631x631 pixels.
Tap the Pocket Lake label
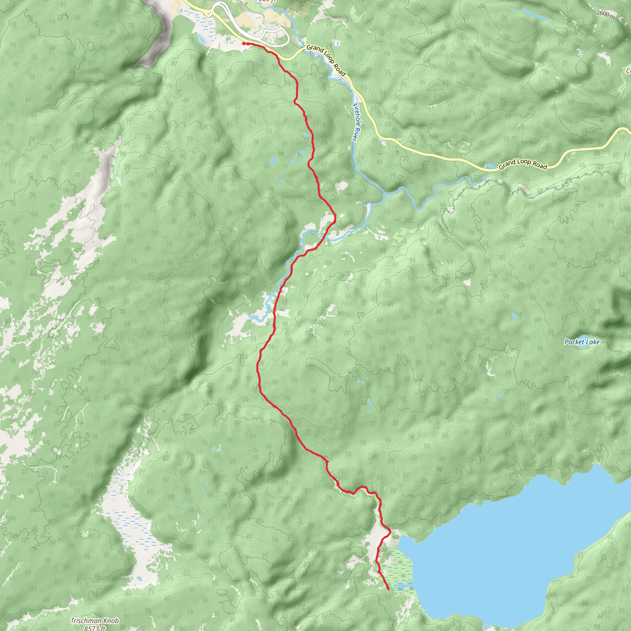click(x=582, y=342)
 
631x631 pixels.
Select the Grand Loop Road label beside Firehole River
click(x=326, y=60)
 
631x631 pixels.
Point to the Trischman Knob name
click(x=95, y=621)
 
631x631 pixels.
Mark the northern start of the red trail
click(x=244, y=43)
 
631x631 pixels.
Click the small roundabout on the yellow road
click(x=209, y=14)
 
